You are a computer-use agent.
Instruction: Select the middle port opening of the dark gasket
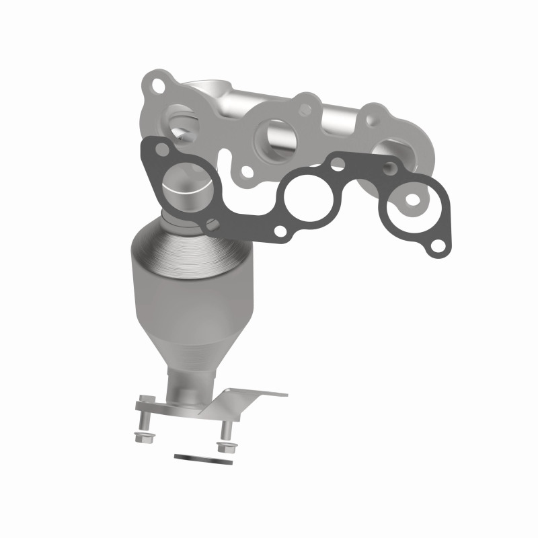[307, 196]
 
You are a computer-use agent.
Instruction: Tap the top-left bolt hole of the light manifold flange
[158, 86]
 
